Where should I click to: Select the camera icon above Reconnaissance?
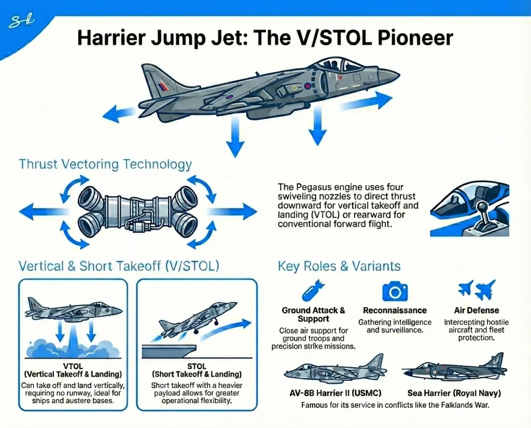[x=395, y=291]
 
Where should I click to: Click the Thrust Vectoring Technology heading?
[x=105, y=165]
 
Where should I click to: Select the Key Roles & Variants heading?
[x=339, y=267]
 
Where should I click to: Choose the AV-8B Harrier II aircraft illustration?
[x=335, y=370]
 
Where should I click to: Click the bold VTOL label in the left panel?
[x=72, y=366]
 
